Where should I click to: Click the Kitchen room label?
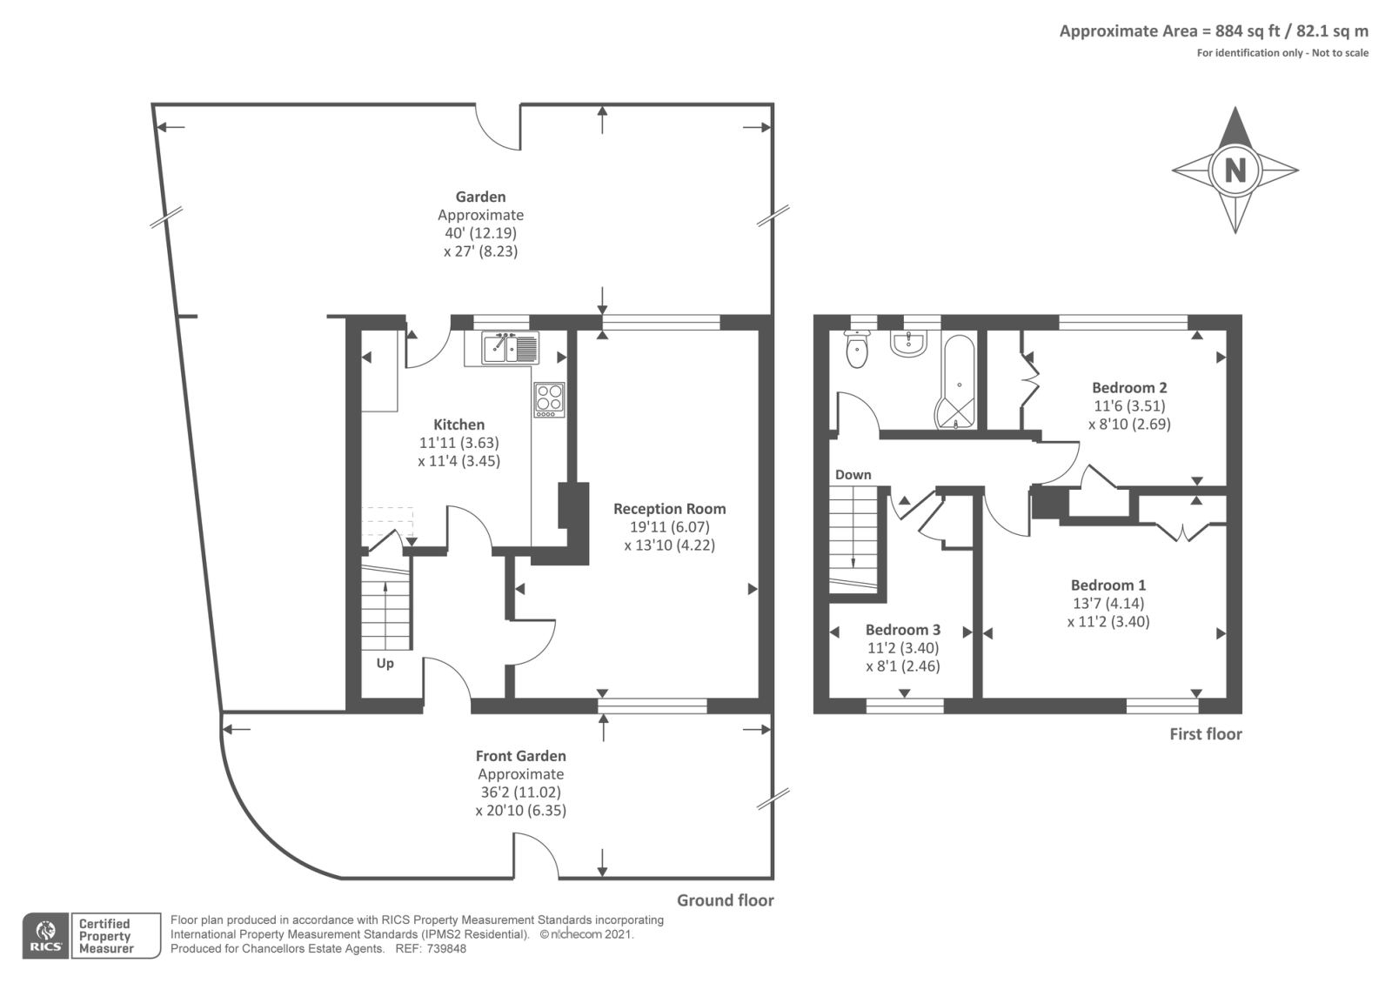pos(458,425)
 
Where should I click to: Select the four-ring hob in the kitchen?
pos(549,398)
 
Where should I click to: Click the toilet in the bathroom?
pos(857,350)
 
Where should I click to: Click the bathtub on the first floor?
pos(957,383)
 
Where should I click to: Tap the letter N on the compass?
pos(1235,170)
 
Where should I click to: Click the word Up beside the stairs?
pos(385,663)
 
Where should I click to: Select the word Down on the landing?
pos(853,474)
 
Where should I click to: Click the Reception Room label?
pos(669,509)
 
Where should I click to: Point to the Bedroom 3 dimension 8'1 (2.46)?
pos(903,666)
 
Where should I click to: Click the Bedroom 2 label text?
pos(1129,387)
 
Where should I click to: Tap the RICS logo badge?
pos(45,936)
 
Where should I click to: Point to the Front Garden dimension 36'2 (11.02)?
pos(520,792)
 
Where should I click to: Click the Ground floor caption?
pos(725,900)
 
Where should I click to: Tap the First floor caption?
pos(1205,734)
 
